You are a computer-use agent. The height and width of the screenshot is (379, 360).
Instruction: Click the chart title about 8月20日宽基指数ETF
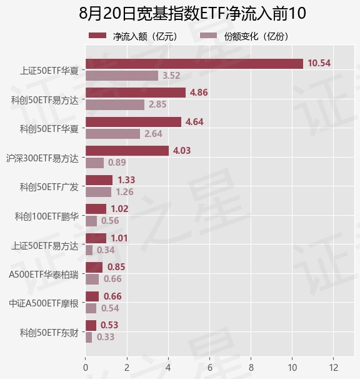point(192,13)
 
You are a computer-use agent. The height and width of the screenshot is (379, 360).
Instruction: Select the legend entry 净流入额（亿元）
point(134,36)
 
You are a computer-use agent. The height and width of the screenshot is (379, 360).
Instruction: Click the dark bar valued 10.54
point(194,64)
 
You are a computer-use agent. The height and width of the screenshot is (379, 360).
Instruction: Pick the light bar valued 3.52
point(122,76)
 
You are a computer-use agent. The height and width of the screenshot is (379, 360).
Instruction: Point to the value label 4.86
point(199,93)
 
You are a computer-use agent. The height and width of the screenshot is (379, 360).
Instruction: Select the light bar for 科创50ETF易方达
point(115,105)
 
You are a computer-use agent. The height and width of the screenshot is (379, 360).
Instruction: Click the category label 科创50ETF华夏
point(49,129)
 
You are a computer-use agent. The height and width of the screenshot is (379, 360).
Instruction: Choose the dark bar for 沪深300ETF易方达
point(127,151)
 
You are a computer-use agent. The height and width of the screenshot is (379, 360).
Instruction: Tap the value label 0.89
point(117,163)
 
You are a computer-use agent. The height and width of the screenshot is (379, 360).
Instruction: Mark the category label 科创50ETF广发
point(49,187)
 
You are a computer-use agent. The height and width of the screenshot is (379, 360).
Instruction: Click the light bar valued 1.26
point(99,192)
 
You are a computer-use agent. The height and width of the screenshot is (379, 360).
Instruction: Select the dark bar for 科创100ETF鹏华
point(96,209)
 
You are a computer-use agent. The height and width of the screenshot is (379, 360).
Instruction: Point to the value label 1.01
point(119,238)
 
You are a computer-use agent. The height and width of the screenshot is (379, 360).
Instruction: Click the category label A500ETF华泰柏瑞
point(44,275)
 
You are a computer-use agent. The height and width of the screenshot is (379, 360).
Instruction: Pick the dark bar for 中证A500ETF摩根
point(92,296)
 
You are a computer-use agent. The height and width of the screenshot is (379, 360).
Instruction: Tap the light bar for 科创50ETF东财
point(89,338)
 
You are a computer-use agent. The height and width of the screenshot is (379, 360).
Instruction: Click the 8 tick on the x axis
point(251,368)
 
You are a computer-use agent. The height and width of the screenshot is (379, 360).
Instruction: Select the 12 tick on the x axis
point(334,368)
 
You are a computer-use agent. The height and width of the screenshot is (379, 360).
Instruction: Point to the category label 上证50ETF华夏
point(49,71)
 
